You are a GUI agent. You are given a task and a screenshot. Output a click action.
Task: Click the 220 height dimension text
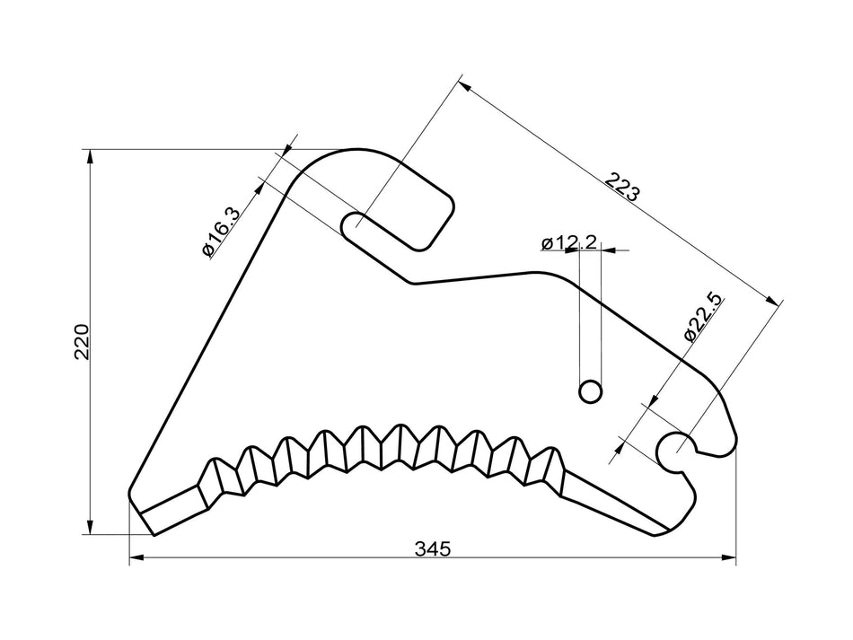pos(82,341)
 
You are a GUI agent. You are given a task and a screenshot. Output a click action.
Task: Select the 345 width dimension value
pos(432,548)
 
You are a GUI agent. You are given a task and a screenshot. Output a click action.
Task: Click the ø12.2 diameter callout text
pos(569,242)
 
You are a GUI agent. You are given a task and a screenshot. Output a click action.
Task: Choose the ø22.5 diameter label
pos(703,315)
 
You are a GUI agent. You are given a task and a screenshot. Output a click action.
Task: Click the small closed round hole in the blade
pos(590,391)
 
